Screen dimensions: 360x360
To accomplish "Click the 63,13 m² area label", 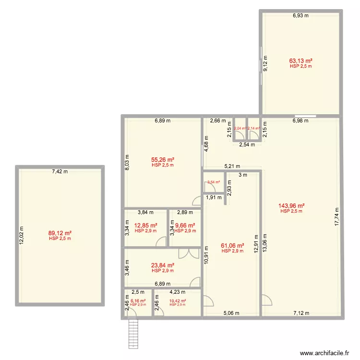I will coord(300,61).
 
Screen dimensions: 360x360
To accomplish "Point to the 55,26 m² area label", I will coord(162,160).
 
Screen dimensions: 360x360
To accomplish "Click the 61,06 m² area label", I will coord(232,245).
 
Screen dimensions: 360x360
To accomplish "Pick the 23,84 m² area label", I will coord(162,265).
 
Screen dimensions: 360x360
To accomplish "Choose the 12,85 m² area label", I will coord(146,225).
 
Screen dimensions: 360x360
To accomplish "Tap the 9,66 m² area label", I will coord(185,225).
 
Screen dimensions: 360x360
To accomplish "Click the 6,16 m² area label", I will coord(138,300).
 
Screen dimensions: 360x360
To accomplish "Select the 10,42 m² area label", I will coord(177,300).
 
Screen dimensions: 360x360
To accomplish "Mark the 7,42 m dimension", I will coord(60,171).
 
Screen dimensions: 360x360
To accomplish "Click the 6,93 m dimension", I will coord(301,15).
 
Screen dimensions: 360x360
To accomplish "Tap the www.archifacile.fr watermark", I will coord(324,353).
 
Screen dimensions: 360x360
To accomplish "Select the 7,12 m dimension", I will coord(301,313).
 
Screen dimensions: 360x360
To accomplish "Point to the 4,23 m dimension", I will coord(177,291).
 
